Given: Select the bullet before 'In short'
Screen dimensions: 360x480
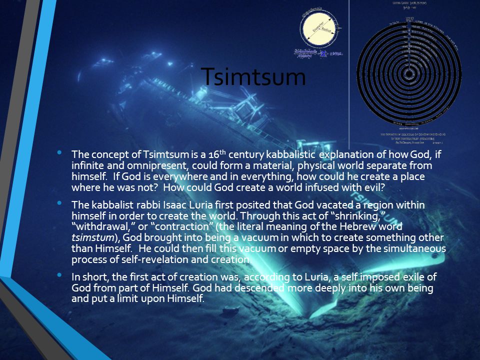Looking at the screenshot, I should pos(60,275).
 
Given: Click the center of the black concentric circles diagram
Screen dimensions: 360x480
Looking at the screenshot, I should pos(409,73).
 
